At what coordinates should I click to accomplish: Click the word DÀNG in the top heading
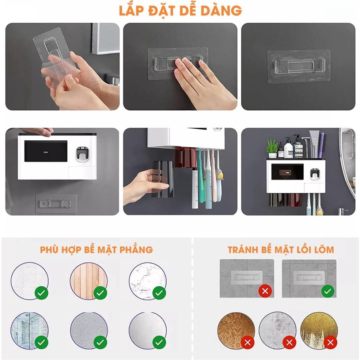click(x=221, y=10)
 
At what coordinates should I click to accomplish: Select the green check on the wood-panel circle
click(x=100, y=293)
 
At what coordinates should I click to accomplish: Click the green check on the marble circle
click(x=159, y=293)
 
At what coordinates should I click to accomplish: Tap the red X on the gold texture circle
click(x=330, y=342)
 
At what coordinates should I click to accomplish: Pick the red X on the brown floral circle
click(x=247, y=342)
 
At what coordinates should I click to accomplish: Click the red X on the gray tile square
click(x=265, y=291)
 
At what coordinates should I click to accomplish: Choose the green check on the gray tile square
click(x=327, y=291)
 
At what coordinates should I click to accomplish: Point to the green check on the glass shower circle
click(x=41, y=342)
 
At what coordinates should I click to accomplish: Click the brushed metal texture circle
click(x=147, y=331)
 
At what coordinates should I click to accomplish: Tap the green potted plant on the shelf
click(x=272, y=148)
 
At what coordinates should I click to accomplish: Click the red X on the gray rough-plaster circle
click(x=289, y=342)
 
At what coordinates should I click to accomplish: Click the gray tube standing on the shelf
click(x=314, y=144)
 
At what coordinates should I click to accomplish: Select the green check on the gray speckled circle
click(x=100, y=342)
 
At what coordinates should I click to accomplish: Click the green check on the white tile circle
click(x=41, y=293)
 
